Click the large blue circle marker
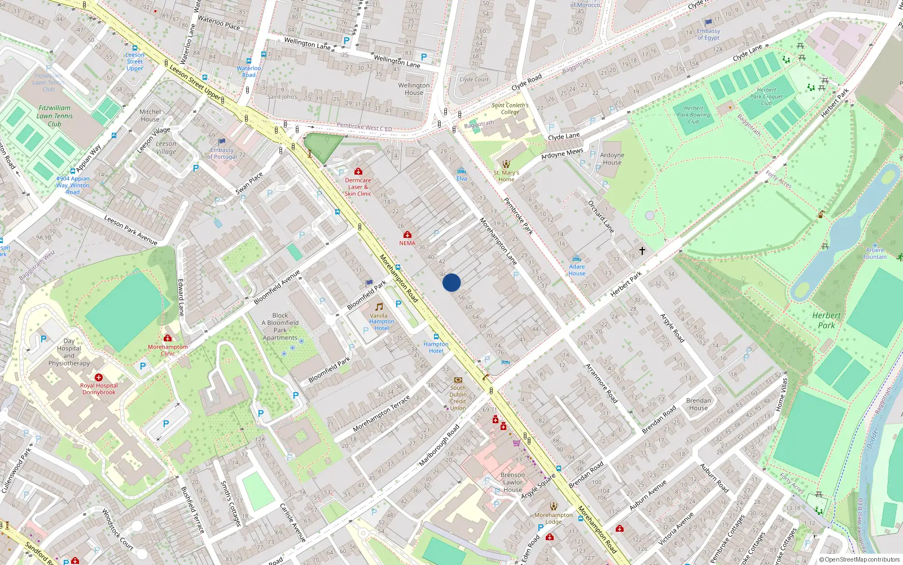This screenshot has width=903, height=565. (451, 282)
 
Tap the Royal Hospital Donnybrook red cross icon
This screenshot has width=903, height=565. (99, 377)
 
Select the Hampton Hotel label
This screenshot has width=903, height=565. (436, 347)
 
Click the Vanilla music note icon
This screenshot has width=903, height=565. (379, 307)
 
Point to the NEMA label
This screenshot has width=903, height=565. (407, 244)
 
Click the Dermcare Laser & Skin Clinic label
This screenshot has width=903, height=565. (358, 187)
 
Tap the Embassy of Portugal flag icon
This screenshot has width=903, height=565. (222, 142)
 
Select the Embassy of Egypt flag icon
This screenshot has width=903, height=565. (708, 23)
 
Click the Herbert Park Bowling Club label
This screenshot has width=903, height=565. (694, 115)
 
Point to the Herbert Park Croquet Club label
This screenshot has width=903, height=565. (766, 97)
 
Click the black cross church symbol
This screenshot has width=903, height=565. (642, 250)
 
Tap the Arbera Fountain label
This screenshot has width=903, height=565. (875, 253)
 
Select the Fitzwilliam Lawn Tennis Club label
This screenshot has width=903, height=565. (55, 116)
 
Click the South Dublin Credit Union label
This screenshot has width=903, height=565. (458, 398)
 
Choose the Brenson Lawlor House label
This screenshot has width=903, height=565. (512, 483)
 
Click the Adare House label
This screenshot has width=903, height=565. (577, 270)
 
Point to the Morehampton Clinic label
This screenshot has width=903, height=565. (168, 350)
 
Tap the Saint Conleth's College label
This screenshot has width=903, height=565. (510, 108)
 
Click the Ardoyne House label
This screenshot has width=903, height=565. (612, 159)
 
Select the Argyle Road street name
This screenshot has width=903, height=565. (672, 328)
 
